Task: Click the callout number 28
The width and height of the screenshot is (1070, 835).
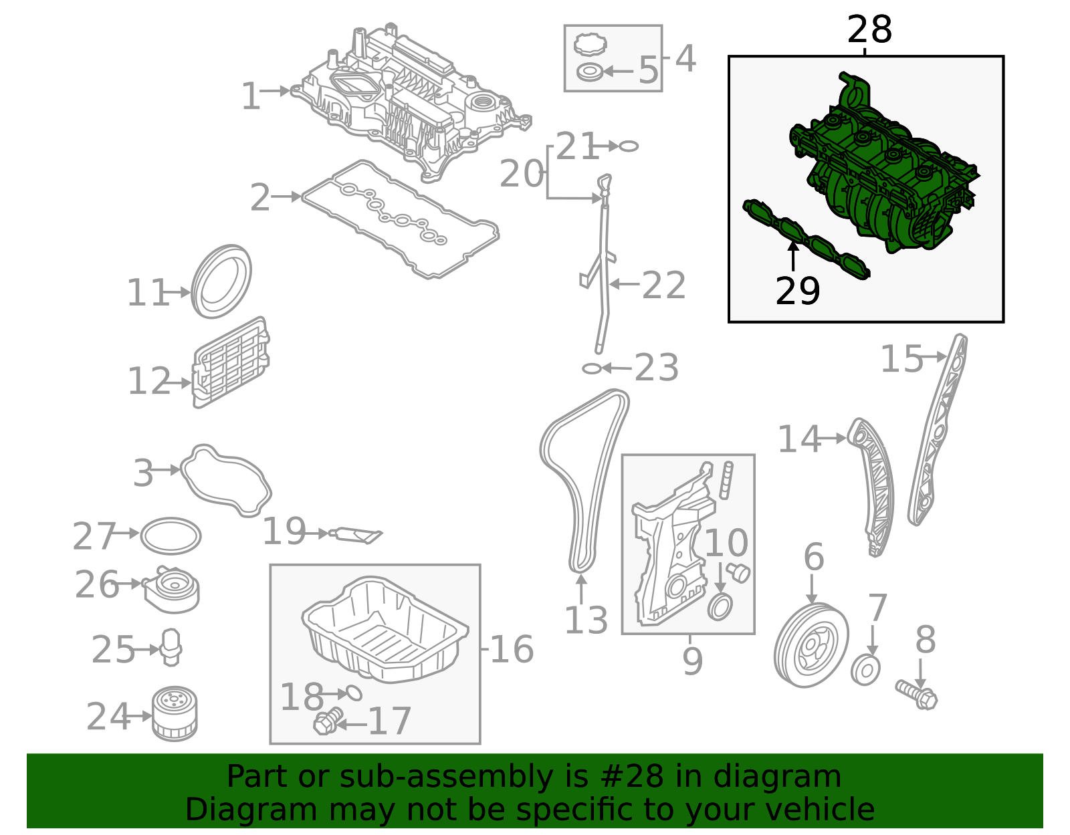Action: [869, 30]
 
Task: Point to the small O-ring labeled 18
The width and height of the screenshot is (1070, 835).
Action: [353, 693]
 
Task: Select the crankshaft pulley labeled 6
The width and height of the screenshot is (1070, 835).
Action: [811, 645]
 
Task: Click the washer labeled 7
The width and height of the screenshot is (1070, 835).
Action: [865, 671]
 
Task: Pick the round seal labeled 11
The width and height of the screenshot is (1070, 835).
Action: [221, 281]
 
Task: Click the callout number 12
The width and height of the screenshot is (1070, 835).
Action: [149, 381]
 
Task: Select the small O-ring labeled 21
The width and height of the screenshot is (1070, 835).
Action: [629, 146]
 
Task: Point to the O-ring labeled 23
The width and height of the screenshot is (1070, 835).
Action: [592, 368]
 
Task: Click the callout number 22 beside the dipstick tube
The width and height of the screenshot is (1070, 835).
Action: [663, 285]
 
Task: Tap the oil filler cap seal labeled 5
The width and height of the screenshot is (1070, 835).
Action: [589, 71]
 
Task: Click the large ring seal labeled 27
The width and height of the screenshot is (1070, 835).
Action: [171, 535]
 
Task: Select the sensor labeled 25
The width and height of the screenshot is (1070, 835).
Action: [172, 646]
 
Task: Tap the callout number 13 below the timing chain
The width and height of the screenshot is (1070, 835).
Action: [586, 620]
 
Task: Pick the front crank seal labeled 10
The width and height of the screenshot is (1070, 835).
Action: [720, 608]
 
